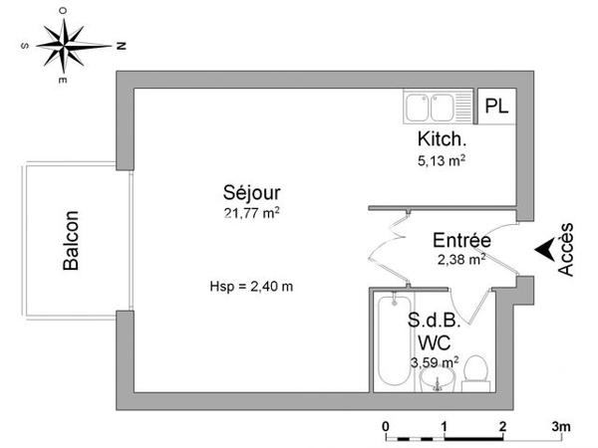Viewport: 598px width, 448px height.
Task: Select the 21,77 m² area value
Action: pos(251,212)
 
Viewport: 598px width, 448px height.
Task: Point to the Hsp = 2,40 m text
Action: pos(251,287)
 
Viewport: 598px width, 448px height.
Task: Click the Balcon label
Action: pos(72,240)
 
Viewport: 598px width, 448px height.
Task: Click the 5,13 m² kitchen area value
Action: pos(442,158)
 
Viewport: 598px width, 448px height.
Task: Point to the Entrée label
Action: pos(460,241)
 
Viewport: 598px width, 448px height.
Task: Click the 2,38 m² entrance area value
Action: pos(460,259)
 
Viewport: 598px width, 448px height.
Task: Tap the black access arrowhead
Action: pos(544,250)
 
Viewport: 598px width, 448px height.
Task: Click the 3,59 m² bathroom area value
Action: pos(435,361)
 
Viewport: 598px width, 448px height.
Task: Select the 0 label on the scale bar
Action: pos(386,427)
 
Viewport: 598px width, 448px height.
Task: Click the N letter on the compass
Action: pos(119,45)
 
